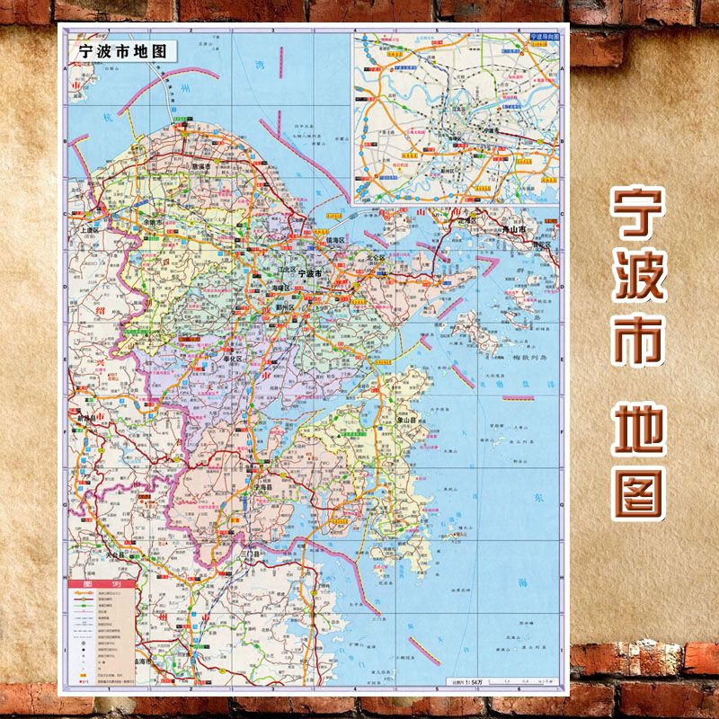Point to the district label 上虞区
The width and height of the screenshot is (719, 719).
click(92, 230)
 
